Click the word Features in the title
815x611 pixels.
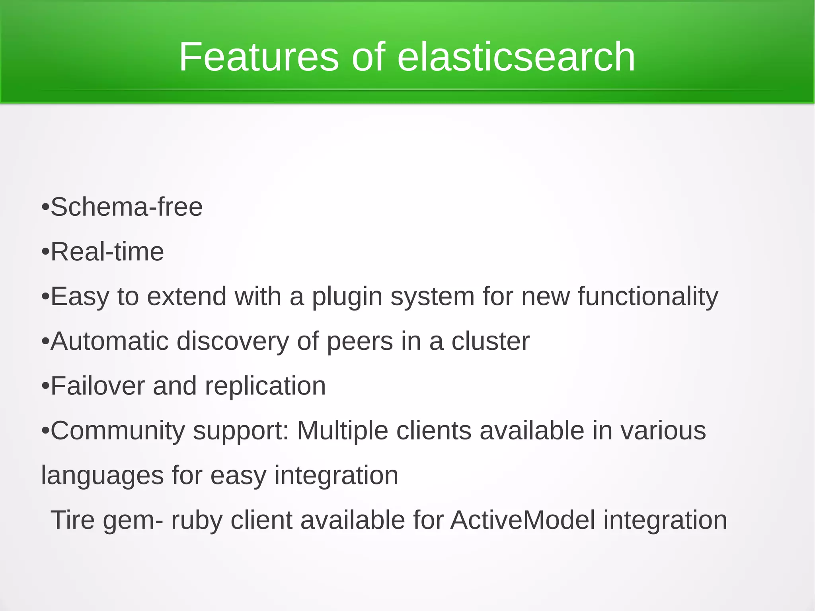click(x=259, y=57)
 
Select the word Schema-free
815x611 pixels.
click(x=127, y=207)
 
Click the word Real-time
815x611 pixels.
click(x=107, y=252)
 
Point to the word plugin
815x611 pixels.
click(x=347, y=297)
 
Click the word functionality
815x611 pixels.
click(x=648, y=297)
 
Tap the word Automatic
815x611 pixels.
click(x=109, y=342)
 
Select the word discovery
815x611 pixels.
click(x=232, y=342)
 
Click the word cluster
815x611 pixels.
click(x=490, y=342)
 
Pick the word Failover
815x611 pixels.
click(x=97, y=386)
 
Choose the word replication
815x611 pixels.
click(x=265, y=386)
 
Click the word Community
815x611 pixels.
click(x=118, y=431)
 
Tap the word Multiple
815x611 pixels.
click(x=342, y=431)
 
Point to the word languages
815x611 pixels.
click(x=102, y=476)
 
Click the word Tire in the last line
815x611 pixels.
click(x=72, y=520)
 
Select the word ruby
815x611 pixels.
click(x=196, y=520)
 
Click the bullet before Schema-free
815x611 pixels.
click(x=45, y=208)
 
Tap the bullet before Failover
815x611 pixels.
click(x=45, y=387)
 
